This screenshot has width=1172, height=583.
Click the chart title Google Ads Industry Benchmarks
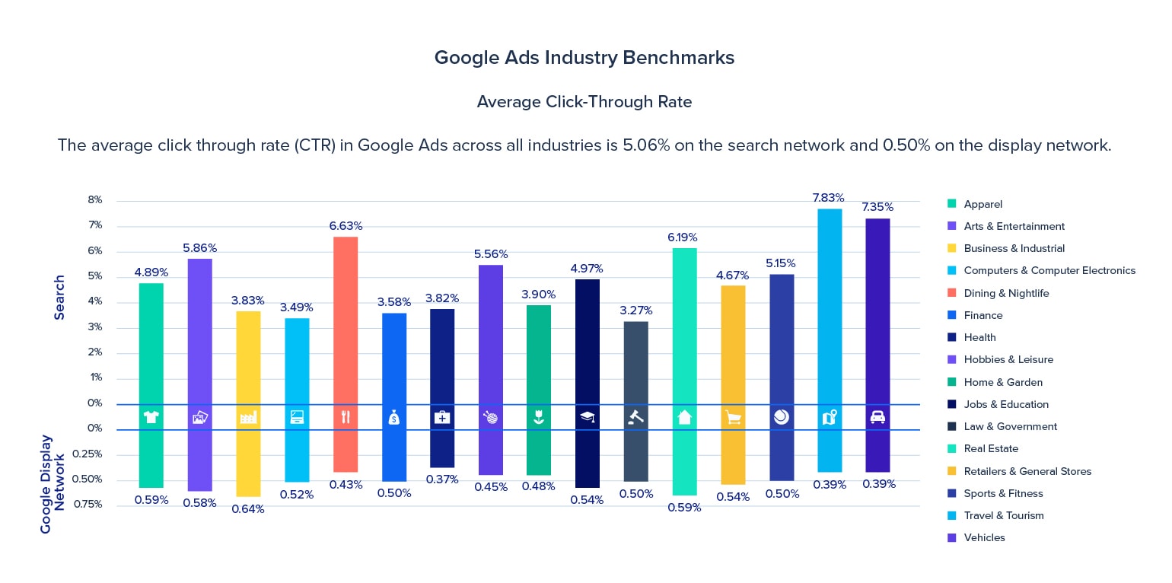(x=584, y=58)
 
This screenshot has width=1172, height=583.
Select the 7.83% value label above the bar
(x=829, y=197)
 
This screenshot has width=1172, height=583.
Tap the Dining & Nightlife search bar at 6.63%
(x=345, y=320)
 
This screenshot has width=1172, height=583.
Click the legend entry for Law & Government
(x=1010, y=427)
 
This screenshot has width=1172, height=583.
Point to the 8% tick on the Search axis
(x=94, y=200)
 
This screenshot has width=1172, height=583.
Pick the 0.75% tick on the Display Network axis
(x=88, y=504)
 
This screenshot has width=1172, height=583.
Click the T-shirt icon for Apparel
(x=151, y=417)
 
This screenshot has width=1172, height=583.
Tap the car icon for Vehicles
(x=877, y=417)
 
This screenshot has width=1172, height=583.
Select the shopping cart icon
(x=733, y=417)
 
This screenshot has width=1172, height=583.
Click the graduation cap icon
(x=587, y=417)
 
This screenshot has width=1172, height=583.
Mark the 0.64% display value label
(x=248, y=509)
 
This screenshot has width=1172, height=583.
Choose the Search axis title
(x=59, y=297)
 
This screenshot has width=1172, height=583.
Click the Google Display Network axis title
(x=53, y=483)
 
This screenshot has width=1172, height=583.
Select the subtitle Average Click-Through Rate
(x=584, y=102)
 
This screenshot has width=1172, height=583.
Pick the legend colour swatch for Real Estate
(x=951, y=449)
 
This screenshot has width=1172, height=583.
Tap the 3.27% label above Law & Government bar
(x=635, y=311)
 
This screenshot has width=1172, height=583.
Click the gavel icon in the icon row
(x=635, y=417)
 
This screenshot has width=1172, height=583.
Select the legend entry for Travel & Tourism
(x=1003, y=516)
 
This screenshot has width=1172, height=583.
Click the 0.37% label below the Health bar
(x=442, y=479)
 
